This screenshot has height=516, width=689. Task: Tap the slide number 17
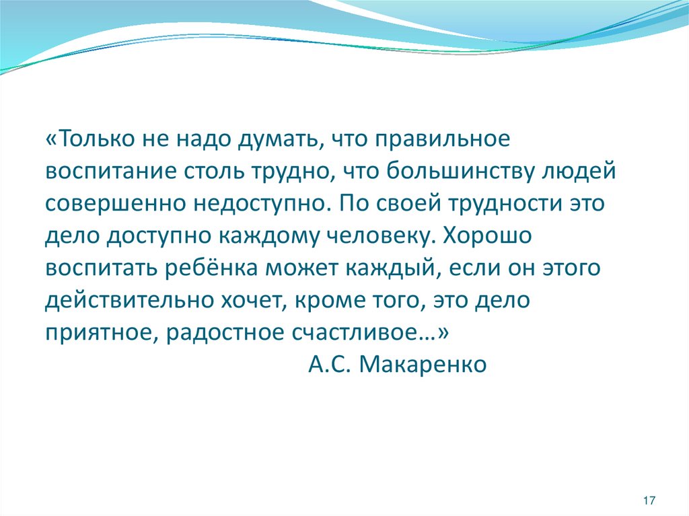[649, 500]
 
